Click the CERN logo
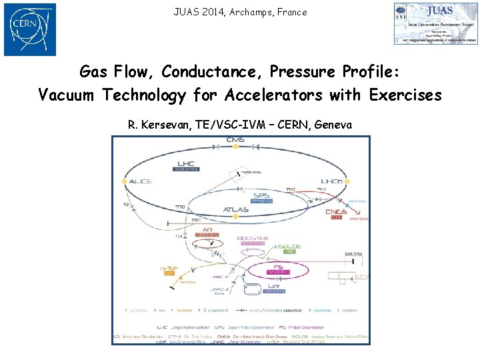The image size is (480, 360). click(x=30, y=29)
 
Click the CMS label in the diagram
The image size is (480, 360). click(x=235, y=140)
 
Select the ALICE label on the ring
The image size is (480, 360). click(x=141, y=181)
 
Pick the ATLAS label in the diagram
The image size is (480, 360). click(x=236, y=209)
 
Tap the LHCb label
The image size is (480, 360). click(x=331, y=181)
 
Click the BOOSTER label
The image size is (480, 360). click(x=253, y=238)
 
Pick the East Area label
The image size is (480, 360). click(x=353, y=253)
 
